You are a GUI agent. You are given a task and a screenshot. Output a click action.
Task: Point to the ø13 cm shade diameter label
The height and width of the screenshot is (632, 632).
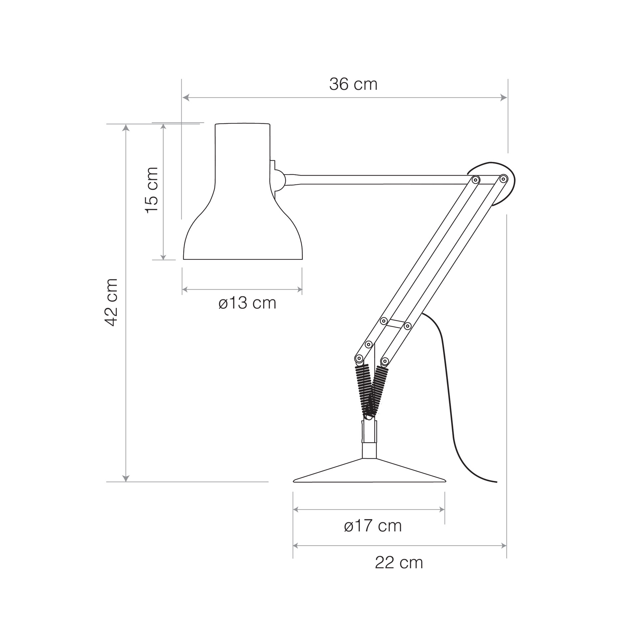click(247, 303)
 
